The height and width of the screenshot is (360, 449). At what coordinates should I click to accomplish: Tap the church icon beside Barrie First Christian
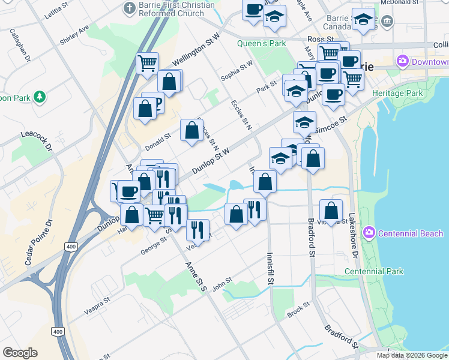pyautogui.click(x=128, y=8)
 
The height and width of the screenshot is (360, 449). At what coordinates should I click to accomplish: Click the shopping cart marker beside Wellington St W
pyautogui.click(x=147, y=62)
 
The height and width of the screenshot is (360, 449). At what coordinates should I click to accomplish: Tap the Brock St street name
pyautogui.click(x=298, y=309)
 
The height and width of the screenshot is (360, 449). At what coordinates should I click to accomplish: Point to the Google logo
pyautogui.click(x=20, y=352)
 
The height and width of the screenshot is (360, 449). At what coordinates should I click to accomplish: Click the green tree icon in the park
pyautogui.click(x=40, y=96)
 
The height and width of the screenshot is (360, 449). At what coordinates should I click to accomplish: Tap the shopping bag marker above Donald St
pyautogui.click(x=191, y=130)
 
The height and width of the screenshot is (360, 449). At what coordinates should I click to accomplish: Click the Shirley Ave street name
pyautogui.click(x=74, y=36)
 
